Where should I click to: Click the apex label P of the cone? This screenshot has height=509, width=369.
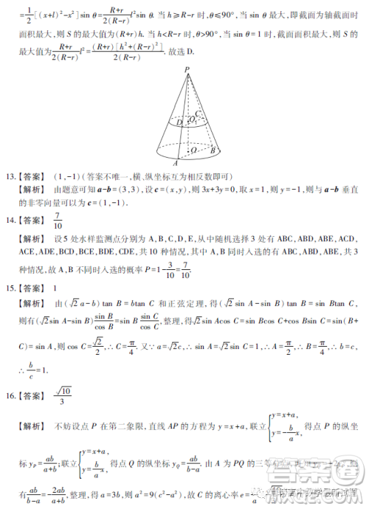pyautogui.click(x=188, y=68)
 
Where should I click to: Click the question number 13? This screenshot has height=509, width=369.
pyautogui.click(x=10, y=177)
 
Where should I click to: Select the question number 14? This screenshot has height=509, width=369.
pyautogui.click(x=10, y=220)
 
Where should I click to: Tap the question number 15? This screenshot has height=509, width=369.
pyautogui.click(x=10, y=285)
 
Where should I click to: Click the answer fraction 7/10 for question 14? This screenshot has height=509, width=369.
pyautogui.click(x=58, y=220)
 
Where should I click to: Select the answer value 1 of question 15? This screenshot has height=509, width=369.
pyautogui.click(x=57, y=285)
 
